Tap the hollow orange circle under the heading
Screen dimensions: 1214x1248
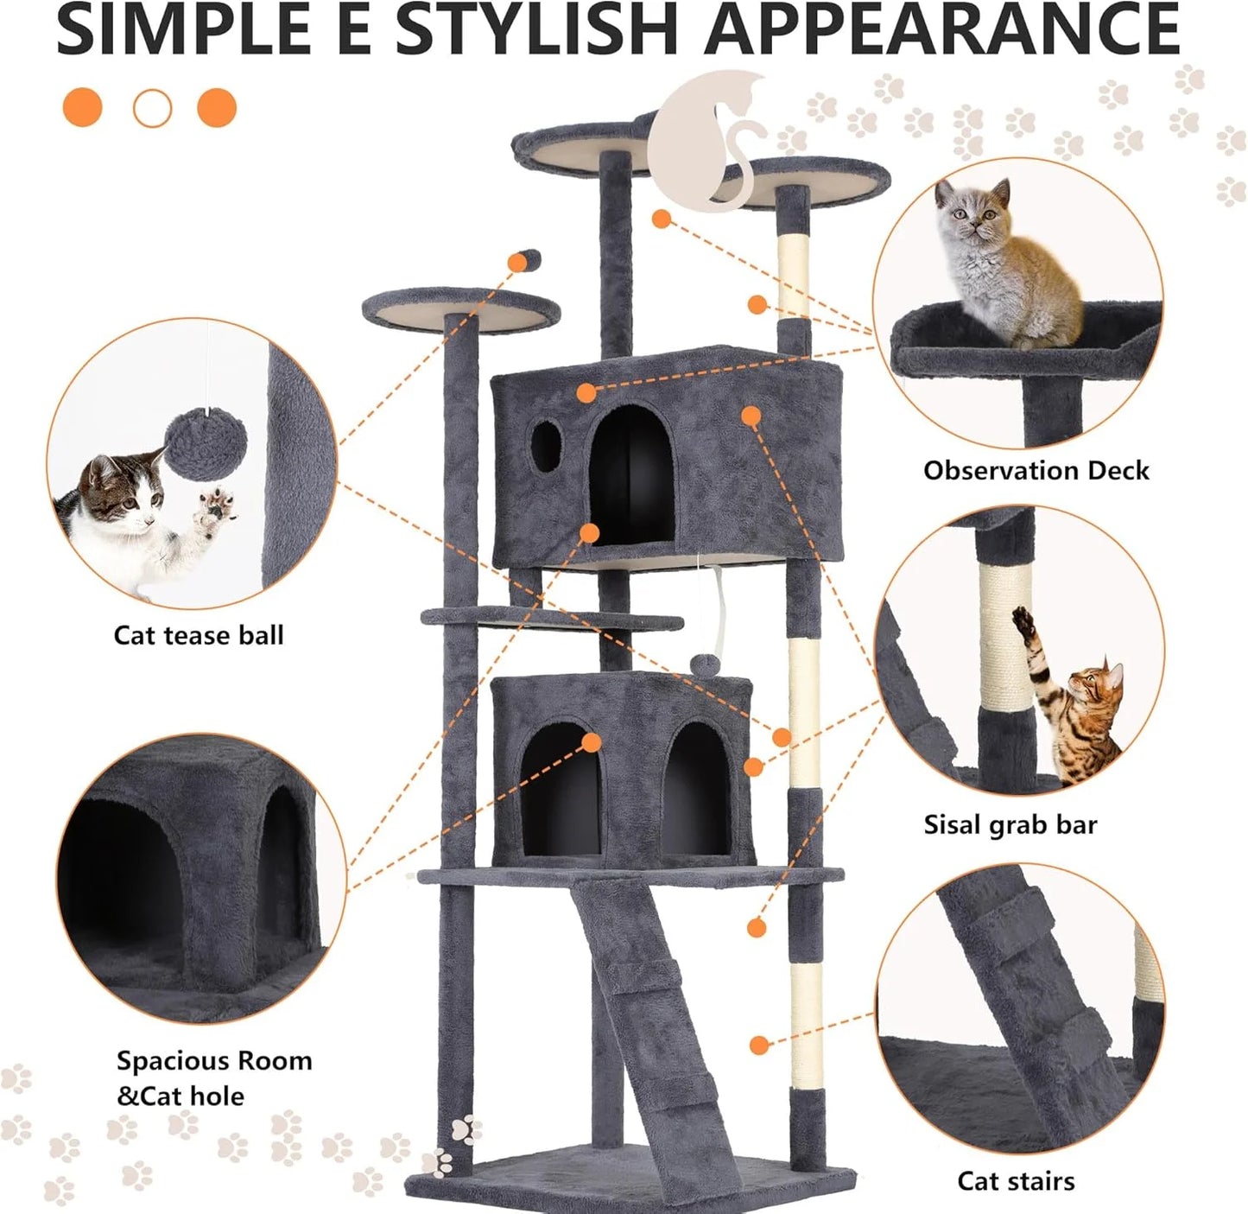[152, 109]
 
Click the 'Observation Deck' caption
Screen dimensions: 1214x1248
[1036, 471]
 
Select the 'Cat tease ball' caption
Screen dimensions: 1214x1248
[199, 636]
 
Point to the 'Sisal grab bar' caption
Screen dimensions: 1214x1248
[1010, 825]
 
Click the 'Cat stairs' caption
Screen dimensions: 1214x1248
[1016, 1181]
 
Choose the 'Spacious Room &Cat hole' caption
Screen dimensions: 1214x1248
[214, 1078]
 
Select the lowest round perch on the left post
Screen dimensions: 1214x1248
[460, 312]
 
